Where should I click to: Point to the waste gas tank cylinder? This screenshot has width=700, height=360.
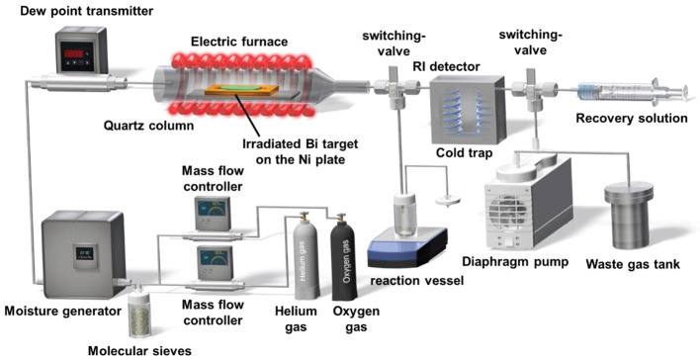629,216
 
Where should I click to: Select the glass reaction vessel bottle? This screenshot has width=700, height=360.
406,216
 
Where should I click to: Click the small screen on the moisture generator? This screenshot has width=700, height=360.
84,253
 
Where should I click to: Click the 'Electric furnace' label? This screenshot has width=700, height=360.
239,42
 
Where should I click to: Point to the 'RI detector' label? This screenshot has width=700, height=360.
447,67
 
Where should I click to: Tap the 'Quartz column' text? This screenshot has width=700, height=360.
148,126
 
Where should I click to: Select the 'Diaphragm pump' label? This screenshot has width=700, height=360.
515,261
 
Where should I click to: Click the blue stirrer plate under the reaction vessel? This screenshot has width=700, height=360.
407,247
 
